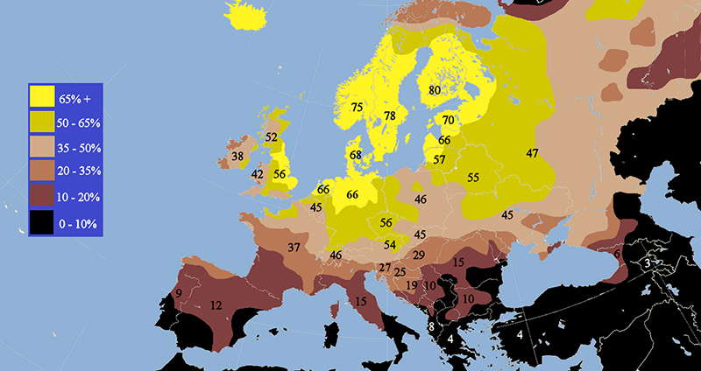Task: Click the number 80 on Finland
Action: tap(435, 90)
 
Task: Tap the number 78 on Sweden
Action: tap(390, 116)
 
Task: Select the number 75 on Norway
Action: tap(356, 108)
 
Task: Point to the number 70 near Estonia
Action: tap(448, 121)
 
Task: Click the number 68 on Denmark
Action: tap(355, 156)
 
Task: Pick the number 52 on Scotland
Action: tap(271, 137)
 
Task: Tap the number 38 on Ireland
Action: tap(237, 157)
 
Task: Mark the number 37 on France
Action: tap(294, 248)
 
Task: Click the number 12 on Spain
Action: tap(216, 305)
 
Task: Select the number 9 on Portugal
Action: tap(179, 293)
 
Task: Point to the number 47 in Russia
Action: tap(532, 154)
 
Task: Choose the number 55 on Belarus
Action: tap(473, 178)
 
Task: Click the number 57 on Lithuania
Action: tap(439, 160)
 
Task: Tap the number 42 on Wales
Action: tap(257, 175)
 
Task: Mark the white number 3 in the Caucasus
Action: tap(647, 262)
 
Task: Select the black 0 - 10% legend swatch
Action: tap(43, 225)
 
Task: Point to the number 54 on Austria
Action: tap(390, 244)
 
